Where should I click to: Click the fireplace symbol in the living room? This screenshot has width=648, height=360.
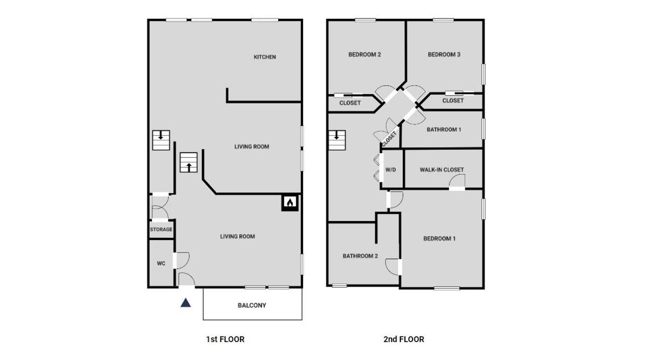(290, 203)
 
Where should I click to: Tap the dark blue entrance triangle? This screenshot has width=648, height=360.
(185, 303)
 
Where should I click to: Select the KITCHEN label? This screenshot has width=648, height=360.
(265, 57)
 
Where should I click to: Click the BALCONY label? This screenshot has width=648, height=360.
(252, 305)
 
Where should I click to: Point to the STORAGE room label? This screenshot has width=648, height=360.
(161, 229)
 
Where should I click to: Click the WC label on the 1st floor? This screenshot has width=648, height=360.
(161, 264)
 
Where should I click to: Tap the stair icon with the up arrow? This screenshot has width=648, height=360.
(188, 163)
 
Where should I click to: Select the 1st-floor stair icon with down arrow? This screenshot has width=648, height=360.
(161, 140)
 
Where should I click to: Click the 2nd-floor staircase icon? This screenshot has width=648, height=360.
(337, 140)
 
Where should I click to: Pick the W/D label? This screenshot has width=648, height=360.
(391, 170)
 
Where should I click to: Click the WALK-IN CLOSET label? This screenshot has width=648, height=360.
(442, 170)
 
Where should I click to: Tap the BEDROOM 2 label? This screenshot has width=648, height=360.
(364, 55)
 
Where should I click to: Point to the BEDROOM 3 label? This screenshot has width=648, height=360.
(444, 55)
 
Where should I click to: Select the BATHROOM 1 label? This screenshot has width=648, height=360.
(444, 130)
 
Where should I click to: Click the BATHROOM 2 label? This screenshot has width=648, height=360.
(360, 256)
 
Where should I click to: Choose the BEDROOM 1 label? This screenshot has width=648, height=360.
(439, 238)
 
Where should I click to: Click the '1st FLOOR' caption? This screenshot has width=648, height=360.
(225, 340)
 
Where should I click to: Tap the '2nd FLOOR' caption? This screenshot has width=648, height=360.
(404, 340)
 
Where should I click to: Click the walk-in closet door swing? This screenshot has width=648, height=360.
(457, 182)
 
